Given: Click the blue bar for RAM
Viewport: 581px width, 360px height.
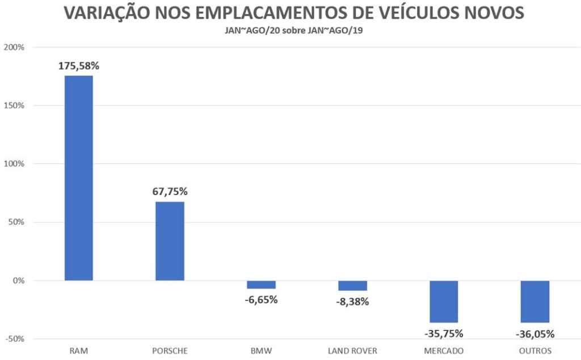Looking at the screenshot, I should (x=78, y=178).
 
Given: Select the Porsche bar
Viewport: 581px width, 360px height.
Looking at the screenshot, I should (x=170, y=241).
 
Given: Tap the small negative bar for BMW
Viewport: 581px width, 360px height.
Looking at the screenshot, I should (x=261, y=285).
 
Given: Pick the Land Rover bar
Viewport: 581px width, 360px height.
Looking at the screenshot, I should (x=352, y=286).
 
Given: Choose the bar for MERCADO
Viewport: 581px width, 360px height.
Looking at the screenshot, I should (x=444, y=302).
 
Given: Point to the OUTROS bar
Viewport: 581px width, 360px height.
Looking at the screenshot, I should (x=535, y=302).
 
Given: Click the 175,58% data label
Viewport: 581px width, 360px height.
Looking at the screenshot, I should (x=79, y=66).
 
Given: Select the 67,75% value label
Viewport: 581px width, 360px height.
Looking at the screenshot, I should (x=170, y=192).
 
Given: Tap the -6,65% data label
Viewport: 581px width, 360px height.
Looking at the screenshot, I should (x=261, y=299).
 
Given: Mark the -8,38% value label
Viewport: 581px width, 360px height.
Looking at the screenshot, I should (x=352, y=302).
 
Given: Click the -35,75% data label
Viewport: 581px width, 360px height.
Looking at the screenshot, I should (x=444, y=333).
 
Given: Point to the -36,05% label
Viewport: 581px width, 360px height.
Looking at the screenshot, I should (x=535, y=333).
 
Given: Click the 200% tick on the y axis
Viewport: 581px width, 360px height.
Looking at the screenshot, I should (x=14, y=47).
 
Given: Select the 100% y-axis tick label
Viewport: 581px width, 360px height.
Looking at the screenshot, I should (x=14, y=164).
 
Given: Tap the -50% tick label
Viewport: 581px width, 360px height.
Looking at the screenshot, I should (x=14, y=339).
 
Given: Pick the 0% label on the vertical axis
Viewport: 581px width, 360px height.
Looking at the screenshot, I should (x=19, y=281).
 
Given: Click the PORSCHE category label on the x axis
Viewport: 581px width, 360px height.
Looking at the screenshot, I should (x=170, y=351).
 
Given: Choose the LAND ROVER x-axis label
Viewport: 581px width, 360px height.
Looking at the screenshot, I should (x=352, y=351).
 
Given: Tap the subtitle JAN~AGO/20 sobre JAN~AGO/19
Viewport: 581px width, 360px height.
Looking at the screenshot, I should (x=290, y=30).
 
